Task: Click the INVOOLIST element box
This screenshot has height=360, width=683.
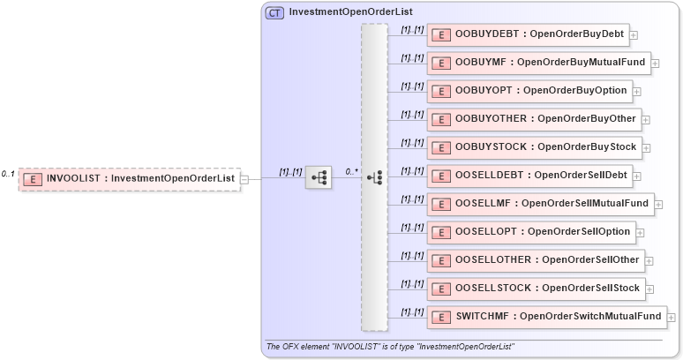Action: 129,178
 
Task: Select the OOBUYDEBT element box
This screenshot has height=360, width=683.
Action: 527,34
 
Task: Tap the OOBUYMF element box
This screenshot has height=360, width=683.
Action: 537,63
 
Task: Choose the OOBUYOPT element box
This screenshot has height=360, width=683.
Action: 528,91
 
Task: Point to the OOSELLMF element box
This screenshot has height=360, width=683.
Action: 538,204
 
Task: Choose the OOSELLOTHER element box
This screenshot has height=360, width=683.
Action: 535,260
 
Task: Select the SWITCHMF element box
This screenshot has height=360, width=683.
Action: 544,316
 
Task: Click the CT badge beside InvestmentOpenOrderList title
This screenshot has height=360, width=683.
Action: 274,13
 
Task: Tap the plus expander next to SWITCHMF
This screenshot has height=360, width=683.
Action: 672,317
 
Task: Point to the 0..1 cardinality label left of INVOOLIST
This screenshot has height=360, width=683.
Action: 8,174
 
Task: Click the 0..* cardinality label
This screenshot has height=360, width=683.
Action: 352,171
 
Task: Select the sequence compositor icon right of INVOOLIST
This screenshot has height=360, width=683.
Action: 318,178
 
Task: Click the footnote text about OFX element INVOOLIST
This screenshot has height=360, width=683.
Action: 389,346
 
